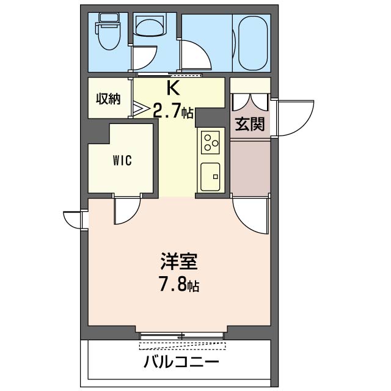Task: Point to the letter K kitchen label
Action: pyautogui.click(x=173, y=89)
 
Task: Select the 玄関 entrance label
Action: pyautogui.click(x=250, y=124)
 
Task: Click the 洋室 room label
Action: pyautogui.click(x=178, y=263)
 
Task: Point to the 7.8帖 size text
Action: pyautogui.click(x=178, y=285)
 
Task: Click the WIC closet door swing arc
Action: pyautogui.click(x=127, y=211)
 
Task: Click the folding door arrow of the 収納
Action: pyautogui.click(x=141, y=110)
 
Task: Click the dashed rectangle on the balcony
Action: pyautogui.click(x=182, y=346)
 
